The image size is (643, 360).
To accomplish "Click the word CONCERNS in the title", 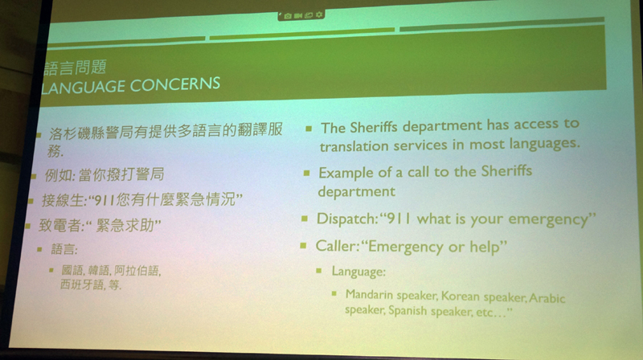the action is click(x=175, y=85).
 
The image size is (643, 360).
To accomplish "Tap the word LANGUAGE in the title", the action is click(x=84, y=88).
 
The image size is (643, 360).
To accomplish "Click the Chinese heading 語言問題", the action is click(x=75, y=67).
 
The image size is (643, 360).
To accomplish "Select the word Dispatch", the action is click(x=347, y=219).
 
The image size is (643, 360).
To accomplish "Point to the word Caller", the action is click(x=338, y=246).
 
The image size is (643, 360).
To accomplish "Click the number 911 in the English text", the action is click(x=399, y=219).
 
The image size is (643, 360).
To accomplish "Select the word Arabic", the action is click(x=547, y=297).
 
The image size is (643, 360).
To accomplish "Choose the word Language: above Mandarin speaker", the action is click(x=358, y=272).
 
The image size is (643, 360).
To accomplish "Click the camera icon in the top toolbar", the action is click(x=288, y=16).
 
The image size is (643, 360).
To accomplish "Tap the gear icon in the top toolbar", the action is click(x=319, y=14).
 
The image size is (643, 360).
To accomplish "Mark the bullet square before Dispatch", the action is click(x=305, y=219).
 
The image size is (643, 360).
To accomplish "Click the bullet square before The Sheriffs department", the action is click(x=309, y=129).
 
